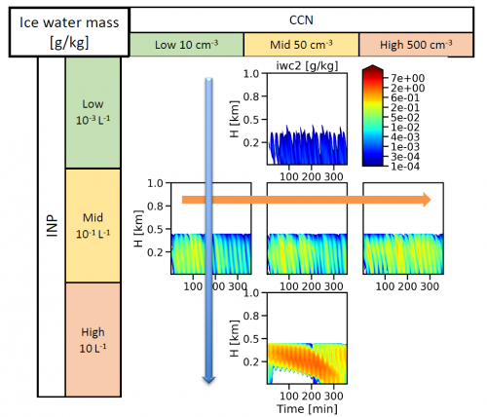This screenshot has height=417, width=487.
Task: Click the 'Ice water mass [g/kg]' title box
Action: (x=69, y=32)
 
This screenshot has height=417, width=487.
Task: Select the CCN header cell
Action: (x=301, y=19)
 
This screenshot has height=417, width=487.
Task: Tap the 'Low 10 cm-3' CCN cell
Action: (x=187, y=45)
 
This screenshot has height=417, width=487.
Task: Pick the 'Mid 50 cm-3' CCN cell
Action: (x=301, y=45)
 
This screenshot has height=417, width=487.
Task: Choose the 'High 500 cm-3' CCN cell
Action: (x=416, y=45)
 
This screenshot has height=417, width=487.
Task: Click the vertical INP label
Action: (x=52, y=225)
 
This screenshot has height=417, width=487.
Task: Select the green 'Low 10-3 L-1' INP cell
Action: (x=93, y=113)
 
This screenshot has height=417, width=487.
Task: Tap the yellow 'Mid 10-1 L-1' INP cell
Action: (x=93, y=225)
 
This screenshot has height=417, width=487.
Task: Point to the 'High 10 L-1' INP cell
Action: (x=93, y=340)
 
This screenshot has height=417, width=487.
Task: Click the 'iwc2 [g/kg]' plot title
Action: (x=307, y=65)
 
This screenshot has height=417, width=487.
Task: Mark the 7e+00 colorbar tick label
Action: (x=408, y=78)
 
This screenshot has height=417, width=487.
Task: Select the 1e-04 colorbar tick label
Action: (x=405, y=167)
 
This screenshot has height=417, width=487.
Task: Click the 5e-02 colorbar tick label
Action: (x=405, y=118)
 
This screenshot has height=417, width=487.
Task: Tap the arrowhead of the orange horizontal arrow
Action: (x=427, y=200)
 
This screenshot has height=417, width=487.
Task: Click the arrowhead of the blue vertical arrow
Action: (x=208, y=380)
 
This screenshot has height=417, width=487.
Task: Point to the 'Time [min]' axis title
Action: (x=307, y=408)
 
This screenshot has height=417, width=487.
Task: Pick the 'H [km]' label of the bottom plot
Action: (x=235, y=338)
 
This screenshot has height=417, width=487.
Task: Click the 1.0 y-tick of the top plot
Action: (x=251, y=74)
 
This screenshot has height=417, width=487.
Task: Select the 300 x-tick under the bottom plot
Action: (x=334, y=396)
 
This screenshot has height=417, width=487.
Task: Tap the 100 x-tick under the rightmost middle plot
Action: (x=385, y=286)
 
